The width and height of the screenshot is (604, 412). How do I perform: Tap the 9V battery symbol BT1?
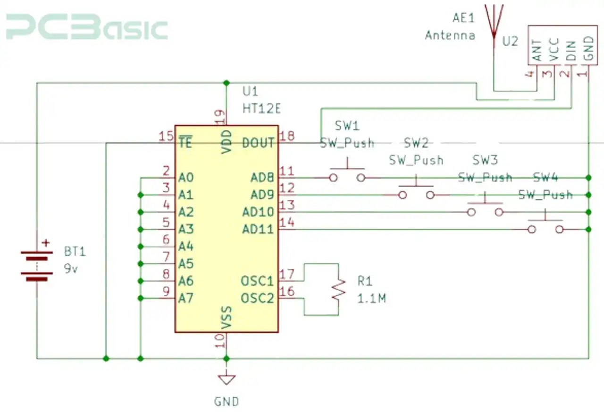(x=37, y=266)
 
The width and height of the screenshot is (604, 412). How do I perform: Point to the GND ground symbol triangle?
(x=226, y=379)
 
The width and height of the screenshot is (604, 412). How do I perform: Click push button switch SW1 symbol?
(x=347, y=174)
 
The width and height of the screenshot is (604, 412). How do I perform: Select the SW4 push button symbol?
(x=545, y=226)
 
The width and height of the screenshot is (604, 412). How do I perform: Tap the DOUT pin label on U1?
(x=258, y=143)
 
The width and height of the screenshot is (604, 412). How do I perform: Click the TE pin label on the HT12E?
(x=185, y=143)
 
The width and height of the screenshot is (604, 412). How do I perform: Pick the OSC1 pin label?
(x=257, y=281)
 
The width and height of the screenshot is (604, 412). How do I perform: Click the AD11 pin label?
(x=258, y=230)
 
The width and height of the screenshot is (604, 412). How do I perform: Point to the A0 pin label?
(x=186, y=178)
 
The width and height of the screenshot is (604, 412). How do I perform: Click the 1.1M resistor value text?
(x=371, y=298)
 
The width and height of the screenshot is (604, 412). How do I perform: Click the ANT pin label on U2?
(x=537, y=51)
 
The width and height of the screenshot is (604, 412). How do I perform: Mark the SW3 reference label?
(x=485, y=160)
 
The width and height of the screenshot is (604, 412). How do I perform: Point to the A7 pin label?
(x=186, y=298)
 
